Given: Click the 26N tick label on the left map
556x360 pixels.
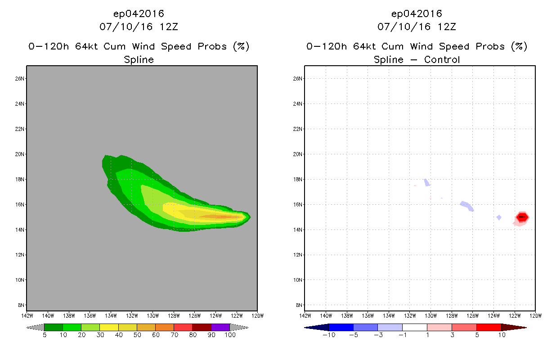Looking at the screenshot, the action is [20, 79].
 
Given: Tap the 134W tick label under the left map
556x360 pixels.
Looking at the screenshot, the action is [111, 316].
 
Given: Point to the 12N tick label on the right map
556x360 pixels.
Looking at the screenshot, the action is [298, 255].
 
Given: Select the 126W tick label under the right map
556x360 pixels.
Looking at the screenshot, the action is [473, 316].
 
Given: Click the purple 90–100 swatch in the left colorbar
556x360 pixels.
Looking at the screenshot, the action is [220, 327].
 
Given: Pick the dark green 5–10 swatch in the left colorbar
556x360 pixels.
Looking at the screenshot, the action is [54, 327].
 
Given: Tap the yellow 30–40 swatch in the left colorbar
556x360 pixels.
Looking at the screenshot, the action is [109, 327].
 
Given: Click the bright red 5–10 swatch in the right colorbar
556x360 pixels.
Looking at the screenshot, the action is [489, 327].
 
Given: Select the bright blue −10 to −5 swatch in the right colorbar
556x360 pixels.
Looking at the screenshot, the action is [341, 327].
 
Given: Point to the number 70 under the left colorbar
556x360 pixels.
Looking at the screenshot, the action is [174, 335].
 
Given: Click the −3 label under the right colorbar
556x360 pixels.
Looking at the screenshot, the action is [378, 335].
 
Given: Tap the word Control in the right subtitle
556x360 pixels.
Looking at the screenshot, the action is [442, 59].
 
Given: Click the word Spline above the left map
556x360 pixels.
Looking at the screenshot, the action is [139, 60].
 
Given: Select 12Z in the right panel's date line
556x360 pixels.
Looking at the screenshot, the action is [447, 27].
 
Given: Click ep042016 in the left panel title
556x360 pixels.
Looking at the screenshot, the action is [139, 13].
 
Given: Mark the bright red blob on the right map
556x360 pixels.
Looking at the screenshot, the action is [522, 217].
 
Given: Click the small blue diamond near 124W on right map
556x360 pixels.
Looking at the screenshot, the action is [499, 217].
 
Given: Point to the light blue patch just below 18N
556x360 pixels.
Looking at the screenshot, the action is [427, 183].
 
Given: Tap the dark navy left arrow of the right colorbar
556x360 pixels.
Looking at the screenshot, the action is [317, 327].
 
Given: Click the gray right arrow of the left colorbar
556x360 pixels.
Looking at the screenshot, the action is [239, 327].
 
